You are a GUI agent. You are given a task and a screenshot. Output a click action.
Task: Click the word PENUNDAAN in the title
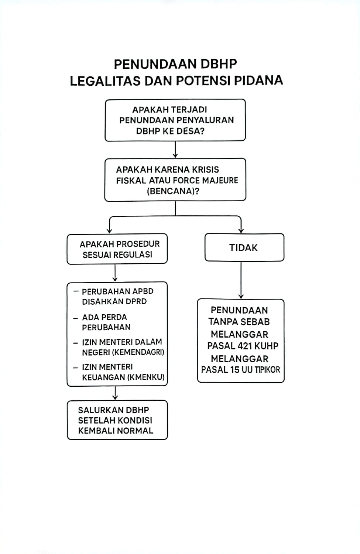coord(155,64)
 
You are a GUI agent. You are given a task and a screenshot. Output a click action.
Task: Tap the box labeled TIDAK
coord(244,247)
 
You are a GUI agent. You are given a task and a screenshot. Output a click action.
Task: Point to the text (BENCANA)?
coord(173,191)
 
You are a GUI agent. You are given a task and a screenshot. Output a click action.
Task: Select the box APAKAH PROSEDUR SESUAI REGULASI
coord(117,249)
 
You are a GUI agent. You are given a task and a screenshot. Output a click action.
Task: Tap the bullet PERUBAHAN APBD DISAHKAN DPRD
coord(114,296)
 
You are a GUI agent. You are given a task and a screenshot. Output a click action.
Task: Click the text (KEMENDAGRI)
coord(138,352)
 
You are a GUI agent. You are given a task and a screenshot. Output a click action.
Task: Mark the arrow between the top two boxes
coord(175,150)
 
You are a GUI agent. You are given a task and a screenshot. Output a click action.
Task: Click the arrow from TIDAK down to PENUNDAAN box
coord(241,280)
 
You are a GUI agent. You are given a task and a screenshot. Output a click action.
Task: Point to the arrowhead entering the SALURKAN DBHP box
coord(115,398)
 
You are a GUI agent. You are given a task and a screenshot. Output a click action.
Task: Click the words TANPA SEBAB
coord(239,322)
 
